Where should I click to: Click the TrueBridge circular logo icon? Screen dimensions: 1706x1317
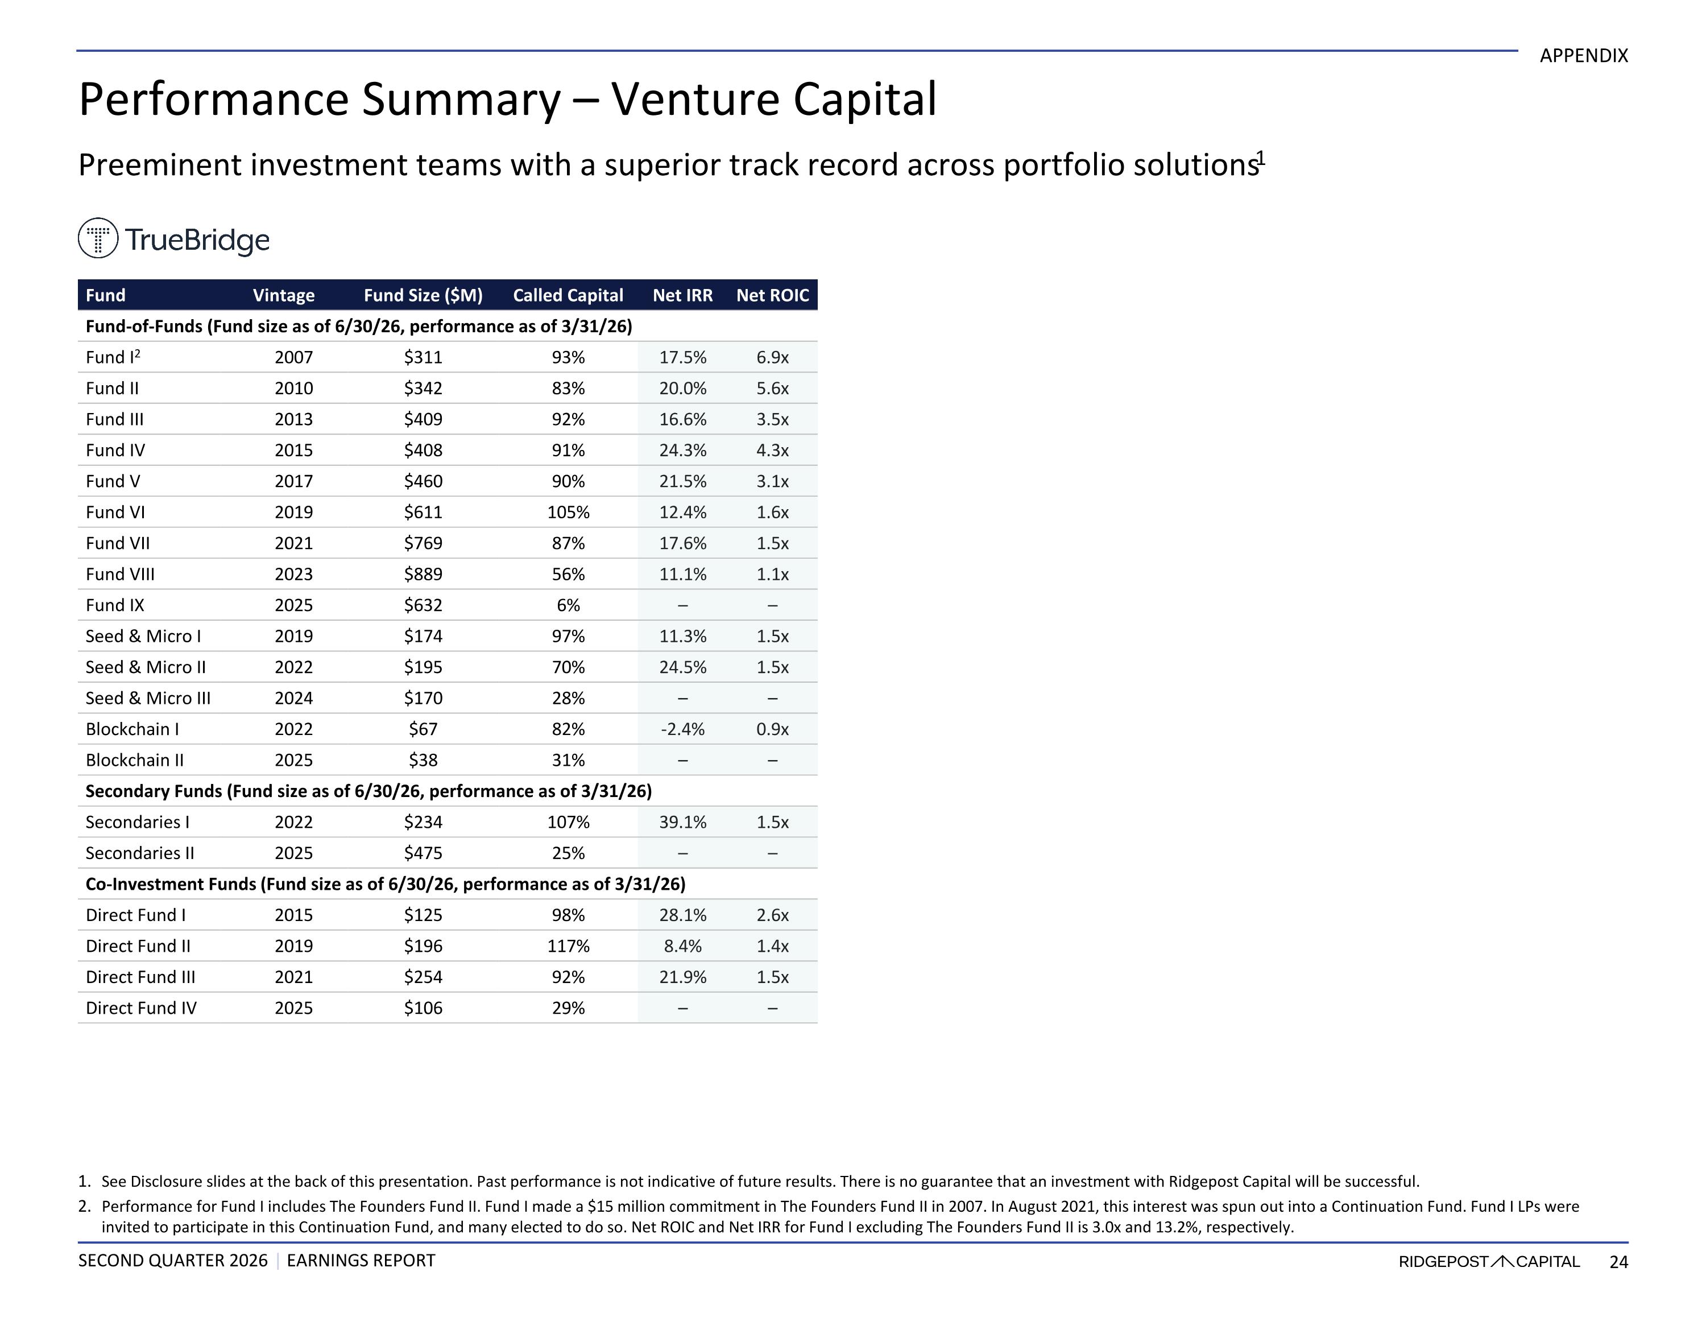(98, 238)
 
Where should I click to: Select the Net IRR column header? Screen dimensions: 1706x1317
(683, 295)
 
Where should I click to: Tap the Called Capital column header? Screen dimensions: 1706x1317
(568, 295)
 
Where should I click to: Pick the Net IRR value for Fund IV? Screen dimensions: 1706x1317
(683, 450)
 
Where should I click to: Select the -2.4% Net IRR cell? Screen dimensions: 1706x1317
(683, 729)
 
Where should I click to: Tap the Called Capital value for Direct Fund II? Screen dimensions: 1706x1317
(568, 946)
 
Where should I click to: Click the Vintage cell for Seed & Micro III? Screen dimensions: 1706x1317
(293, 698)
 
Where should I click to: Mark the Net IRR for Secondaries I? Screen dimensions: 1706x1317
(683, 822)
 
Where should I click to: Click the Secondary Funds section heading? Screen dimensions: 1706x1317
(368, 791)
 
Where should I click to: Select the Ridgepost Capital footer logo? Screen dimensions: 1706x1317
(1489, 1261)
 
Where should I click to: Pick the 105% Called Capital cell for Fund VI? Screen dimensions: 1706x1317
(568, 512)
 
